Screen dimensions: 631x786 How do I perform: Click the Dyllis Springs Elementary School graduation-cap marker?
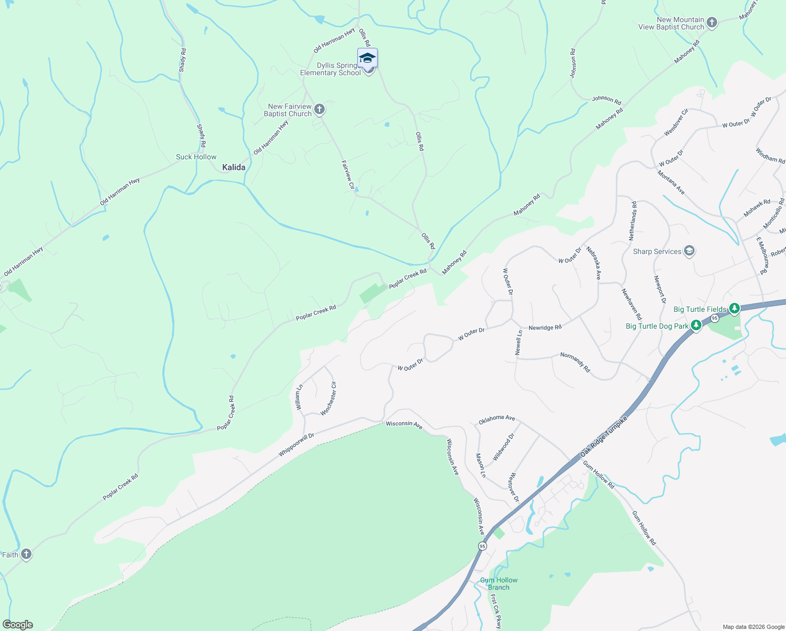point(367,58)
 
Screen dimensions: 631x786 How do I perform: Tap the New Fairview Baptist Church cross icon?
point(319,109)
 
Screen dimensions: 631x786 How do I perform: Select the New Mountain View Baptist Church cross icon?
point(712,23)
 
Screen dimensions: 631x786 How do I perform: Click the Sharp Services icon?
point(689,251)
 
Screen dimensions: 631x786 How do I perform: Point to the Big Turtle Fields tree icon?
point(735,309)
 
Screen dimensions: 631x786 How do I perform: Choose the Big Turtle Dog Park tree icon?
point(696,326)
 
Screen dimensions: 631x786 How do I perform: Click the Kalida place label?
point(234,167)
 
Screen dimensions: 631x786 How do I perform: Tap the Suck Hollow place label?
point(196,157)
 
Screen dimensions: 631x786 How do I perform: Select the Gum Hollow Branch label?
point(499,584)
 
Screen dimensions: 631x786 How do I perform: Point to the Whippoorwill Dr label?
point(296,445)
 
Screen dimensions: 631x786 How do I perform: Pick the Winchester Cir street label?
point(329,399)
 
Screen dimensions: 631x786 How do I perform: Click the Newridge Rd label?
point(545,328)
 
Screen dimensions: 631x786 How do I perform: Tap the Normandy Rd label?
point(575,363)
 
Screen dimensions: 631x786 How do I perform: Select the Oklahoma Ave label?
point(497,419)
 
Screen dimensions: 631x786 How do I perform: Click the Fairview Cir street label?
point(347,171)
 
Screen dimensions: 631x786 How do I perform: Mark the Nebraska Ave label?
point(594,263)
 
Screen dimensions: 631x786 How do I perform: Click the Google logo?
point(18,625)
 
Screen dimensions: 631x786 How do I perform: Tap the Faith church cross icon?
point(26,554)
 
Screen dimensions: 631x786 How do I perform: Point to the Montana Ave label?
point(671,182)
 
